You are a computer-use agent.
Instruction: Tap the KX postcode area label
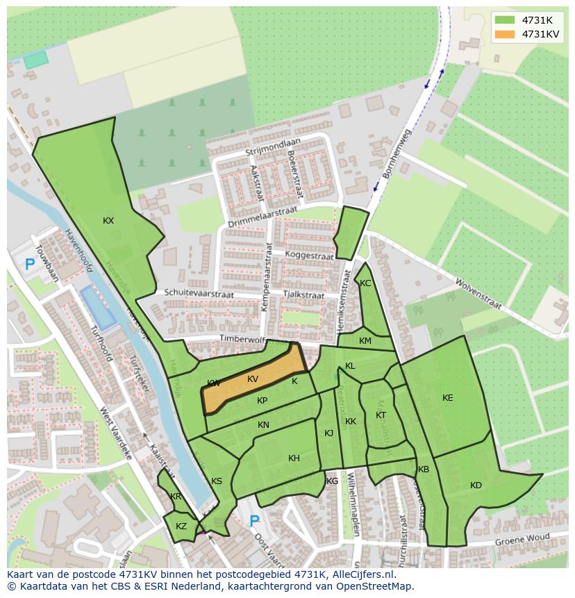[x=108, y=221]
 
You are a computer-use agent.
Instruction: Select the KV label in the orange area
[x=253, y=379]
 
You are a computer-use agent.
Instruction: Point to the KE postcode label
[x=448, y=398]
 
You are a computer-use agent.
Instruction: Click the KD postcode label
[x=476, y=485]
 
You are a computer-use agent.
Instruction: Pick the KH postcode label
[x=294, y=458]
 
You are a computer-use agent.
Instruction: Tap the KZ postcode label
[x=181, y=526]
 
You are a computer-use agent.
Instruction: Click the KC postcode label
[x=365, y=283]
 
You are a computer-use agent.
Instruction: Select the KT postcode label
[x=381, y=415]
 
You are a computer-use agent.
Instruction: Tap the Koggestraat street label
[x=309, y=256]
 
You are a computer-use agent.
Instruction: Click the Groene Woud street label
[x=522, y=540]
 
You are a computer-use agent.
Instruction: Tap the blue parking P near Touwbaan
[x=29, y=264]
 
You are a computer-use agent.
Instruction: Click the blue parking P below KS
[x=254, y=521]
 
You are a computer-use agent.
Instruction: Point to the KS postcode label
[x=217, y=481]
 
